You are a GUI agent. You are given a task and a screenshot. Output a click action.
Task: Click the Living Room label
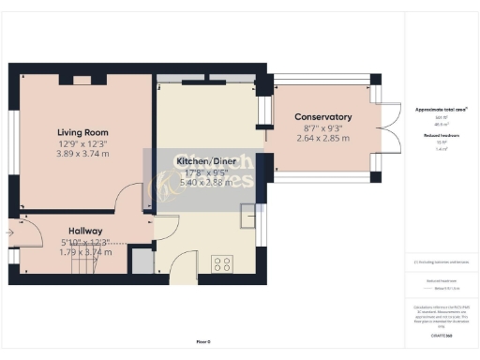point(82,132)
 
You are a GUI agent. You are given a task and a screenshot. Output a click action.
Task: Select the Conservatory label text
point(322,117)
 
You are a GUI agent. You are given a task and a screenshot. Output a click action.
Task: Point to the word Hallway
point(84,231)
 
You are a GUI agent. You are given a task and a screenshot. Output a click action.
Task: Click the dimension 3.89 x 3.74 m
point(82,153)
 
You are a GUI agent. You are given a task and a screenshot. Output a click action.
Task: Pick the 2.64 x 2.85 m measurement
point(322,138)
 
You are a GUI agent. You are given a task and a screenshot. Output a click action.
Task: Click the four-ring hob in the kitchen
point(223,263)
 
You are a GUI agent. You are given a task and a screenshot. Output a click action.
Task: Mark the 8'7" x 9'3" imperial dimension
point(322,127)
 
